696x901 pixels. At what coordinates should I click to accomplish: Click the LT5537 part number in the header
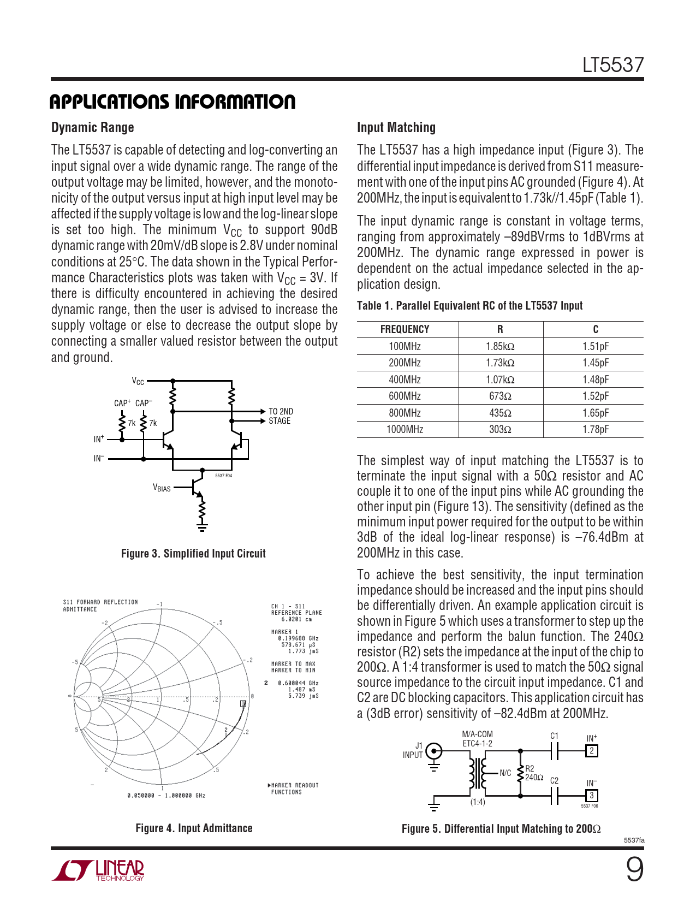point(612,65)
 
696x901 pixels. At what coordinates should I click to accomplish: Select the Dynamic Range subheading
point(92,128)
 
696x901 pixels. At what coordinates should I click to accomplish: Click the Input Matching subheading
point(396,128)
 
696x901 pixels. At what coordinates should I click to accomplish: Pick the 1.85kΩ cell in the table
point(500,346)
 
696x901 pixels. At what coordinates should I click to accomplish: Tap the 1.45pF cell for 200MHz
point(595,363)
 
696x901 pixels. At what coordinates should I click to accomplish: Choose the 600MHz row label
point(404,396)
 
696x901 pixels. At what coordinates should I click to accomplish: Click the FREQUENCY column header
point(404,329)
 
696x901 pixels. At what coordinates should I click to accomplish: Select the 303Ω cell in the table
point(500,429)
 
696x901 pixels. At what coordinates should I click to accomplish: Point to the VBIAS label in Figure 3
point(162,488)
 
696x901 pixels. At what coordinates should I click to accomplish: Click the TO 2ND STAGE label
point(280,416)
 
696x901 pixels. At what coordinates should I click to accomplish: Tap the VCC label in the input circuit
point(138,381)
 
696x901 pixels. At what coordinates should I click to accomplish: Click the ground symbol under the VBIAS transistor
point(202,527)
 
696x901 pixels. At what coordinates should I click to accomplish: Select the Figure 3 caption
point(193,554)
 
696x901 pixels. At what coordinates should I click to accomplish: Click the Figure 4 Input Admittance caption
point(194,828)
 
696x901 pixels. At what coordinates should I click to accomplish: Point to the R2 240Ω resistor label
point(533,773)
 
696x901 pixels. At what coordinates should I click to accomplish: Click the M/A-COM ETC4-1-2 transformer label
point(477,739)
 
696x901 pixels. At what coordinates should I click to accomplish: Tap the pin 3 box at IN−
point(591,796)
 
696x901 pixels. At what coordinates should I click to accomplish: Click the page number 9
point(634,869)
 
